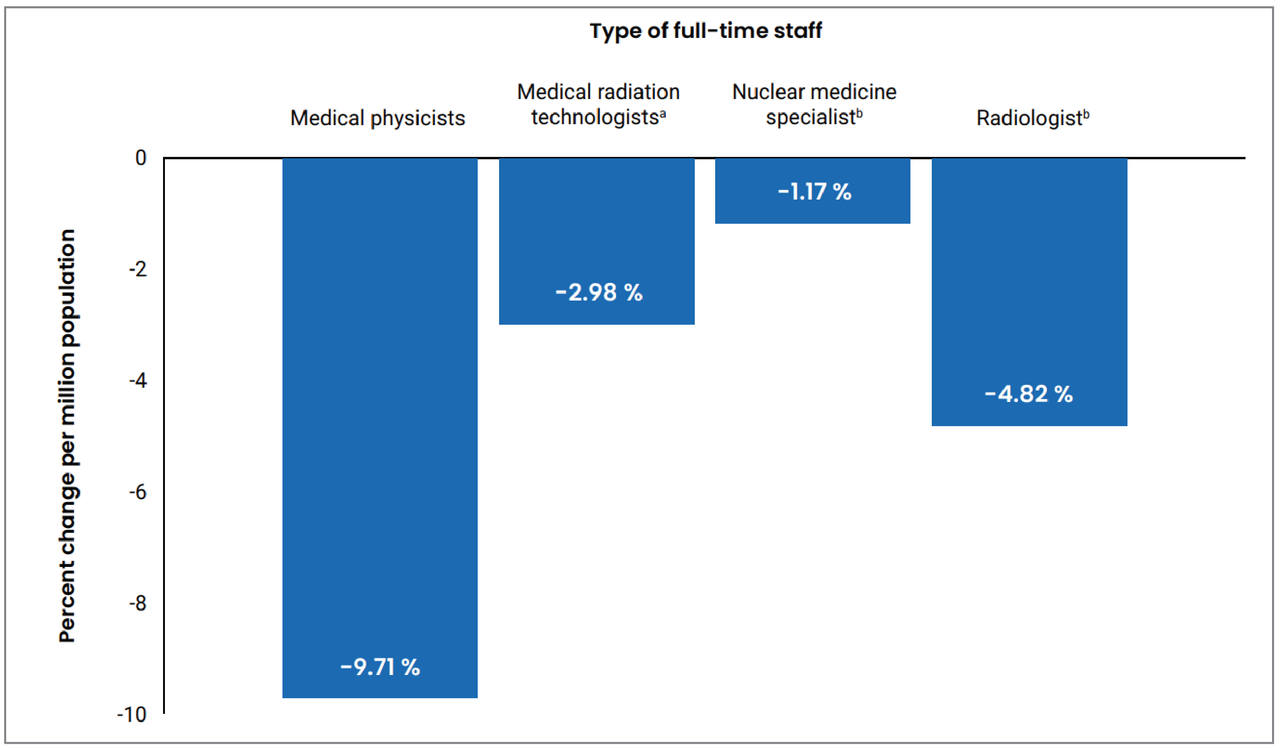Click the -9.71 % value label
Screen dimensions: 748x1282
(x=380, y=667)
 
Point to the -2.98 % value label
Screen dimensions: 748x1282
(x=599, y=292)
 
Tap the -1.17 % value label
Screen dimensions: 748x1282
(x=814, y=192)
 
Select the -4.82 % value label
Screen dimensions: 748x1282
(x=1028, y=394)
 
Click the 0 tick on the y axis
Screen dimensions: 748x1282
(x=140, y=158)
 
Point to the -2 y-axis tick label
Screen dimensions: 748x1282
(x=138, y=269)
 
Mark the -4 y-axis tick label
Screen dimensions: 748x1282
(x=138, y=381)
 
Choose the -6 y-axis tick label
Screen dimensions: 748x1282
(x=138, y=492)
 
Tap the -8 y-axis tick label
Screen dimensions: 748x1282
(x=138, y=603)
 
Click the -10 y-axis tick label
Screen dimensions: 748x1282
(x=132, y=715)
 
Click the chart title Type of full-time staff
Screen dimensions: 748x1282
(x=706, y=30)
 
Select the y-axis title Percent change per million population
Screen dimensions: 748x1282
(x=67, y=436)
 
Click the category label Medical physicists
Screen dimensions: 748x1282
(x=377, y=118)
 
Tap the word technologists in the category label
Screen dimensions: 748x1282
(x=595, y=117)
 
